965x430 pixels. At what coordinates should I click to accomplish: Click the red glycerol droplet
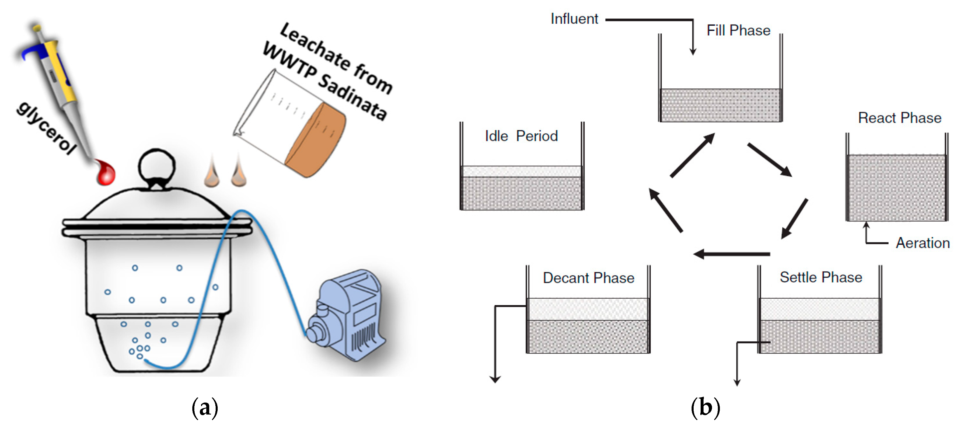click(x=106, y=173)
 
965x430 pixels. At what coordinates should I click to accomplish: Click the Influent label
click(x=574, y=19)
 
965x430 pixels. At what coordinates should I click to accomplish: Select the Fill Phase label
click(x=738, y=30)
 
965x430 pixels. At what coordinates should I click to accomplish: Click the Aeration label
click(x=922, y=243)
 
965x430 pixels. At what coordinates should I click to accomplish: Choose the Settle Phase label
click(x=820, y=277)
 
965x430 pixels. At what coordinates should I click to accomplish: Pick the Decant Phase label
click(x=588, y=278)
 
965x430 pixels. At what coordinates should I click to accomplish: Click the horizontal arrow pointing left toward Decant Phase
click(x=730, y=254)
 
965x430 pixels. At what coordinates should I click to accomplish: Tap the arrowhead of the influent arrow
click(x=693, y=51)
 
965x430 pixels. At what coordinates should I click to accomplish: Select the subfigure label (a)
click(x=205, y=408)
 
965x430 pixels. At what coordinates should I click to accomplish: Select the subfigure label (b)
click(x=705, y=408)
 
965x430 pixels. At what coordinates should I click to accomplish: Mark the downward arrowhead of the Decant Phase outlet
click(x=495, y=379)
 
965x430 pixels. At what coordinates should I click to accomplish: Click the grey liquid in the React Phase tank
click(x=896, y=187)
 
